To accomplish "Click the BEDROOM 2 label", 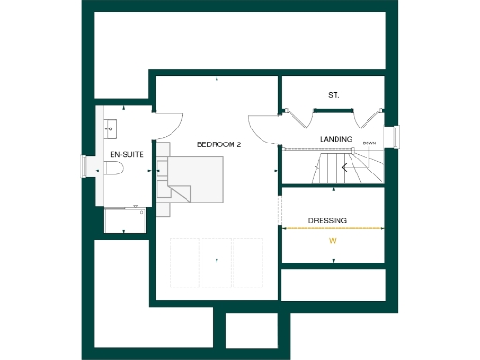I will point(219,144).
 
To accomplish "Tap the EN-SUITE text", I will point(127,153).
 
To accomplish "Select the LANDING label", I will point(336,139).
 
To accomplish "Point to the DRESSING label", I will point(328,221).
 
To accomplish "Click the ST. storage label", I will point(333,96).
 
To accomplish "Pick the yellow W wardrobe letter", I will point(331,241).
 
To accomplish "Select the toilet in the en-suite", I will point(112,170).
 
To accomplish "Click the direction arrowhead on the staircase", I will point(345,168).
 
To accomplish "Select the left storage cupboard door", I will point(298,119).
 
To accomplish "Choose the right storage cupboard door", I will point(367,119).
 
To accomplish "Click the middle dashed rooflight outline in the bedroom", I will point(217,262).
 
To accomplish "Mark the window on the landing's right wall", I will point(394,137).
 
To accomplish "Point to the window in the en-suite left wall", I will point(89,167).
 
